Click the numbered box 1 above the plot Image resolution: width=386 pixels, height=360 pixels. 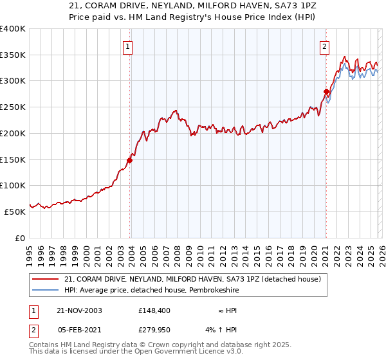tap(128, 46)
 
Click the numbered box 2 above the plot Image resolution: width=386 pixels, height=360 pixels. tap(325, 46)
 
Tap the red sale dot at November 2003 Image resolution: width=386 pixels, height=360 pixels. tap(129, 161)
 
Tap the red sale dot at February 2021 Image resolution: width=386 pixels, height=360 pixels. tap(326, 91)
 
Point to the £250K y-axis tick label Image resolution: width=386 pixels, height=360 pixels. tap(12, 107)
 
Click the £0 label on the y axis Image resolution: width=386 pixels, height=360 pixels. tap(20, 238)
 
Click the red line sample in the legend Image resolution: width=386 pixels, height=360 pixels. tap(46, 278)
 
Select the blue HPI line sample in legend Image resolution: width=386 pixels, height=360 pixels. tap(46, 289)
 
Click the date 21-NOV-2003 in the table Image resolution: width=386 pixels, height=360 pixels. tap(79, 310)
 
